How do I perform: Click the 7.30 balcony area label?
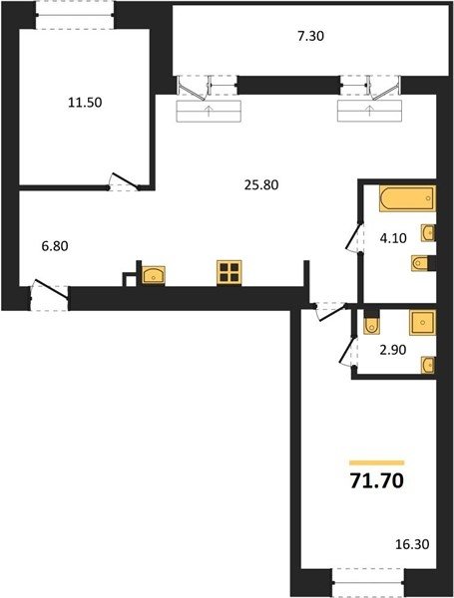point(310,36)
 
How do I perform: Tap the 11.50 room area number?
point(85,103)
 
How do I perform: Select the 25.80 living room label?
point(261,185)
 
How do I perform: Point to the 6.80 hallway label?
point(55,246)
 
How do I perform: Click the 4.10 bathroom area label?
point(393,238)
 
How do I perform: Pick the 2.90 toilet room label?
point(393,350)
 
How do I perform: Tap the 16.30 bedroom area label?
point(412,544)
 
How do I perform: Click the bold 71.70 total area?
point(377,481)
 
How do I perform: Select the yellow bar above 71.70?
point(377,463)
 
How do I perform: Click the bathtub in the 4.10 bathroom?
point(407,198)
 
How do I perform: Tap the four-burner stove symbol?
point(229,272)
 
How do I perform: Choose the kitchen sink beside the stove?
point(154,275)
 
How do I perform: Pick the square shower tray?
point(422,323)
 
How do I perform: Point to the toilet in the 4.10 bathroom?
point(420,263)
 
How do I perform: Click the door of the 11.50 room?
point(124,181)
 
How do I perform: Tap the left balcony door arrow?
point(209,112)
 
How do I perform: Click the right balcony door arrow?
point(369,112)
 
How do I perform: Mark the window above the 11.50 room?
point(75,15)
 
